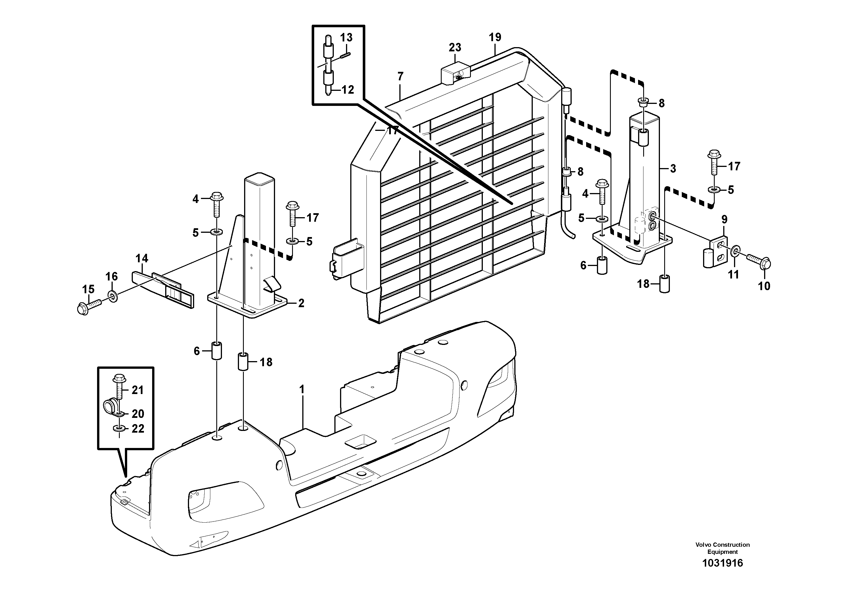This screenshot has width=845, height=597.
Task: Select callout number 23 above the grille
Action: click(455, 47)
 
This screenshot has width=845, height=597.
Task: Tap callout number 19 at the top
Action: click(495, 37)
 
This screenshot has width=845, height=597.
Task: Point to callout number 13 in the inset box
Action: click(346, 37)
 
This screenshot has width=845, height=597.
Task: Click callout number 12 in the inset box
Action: click(347, 89)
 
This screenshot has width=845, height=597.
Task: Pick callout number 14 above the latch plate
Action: click(142, 258)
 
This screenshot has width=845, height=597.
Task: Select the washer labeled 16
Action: click(113, 295)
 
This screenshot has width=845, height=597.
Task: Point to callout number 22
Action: click(138, 428)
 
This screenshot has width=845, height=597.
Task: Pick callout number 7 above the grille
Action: click(401, 77)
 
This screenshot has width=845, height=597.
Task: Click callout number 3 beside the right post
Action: click(673, 169)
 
